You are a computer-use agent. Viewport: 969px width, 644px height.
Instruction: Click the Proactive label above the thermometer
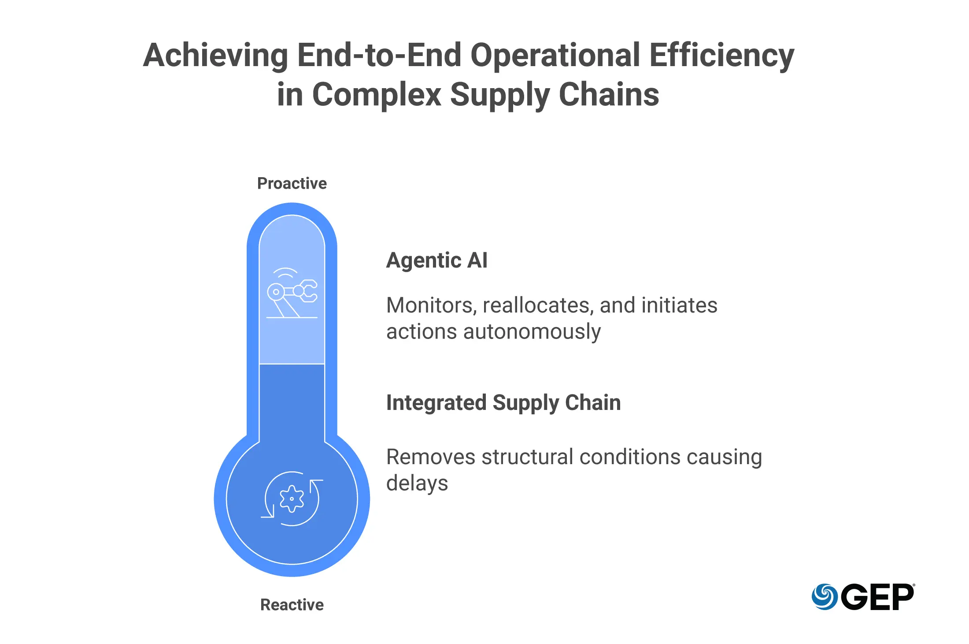[292, 183]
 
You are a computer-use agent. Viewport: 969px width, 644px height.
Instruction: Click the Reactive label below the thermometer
[292, 605]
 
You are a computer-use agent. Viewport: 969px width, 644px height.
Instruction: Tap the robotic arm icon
[292, 293]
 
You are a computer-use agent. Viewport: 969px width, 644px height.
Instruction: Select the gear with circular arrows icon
[292, 499]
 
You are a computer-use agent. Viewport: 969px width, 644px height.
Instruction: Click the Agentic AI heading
[436, 260]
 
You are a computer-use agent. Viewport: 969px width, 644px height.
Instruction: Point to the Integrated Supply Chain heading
[503, 403]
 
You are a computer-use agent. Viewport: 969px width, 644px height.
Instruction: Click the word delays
[417, 483]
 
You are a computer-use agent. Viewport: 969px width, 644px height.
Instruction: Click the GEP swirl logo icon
[825, 597]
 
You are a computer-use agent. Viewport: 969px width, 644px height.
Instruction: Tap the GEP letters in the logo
[877, 597]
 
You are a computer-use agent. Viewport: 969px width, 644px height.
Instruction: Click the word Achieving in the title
[216, 56]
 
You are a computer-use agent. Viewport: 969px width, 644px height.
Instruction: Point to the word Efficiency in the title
[722, 56]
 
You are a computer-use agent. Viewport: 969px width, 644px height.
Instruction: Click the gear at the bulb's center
[292, 499]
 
